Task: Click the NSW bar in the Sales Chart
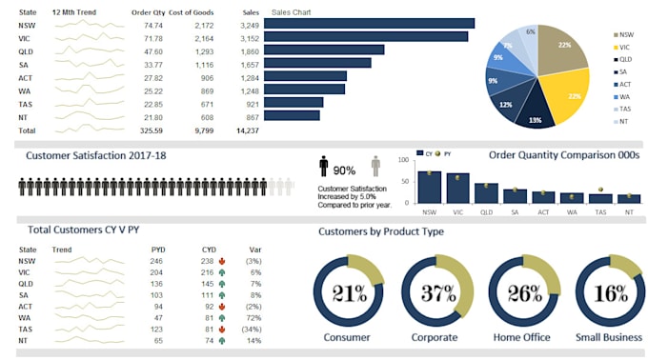(x=369, y=23)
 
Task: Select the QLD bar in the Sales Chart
(x=324, y=50)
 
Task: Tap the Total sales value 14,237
(x=246, y=130)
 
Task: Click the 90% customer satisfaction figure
(x=344, y=170)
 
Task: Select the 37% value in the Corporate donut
(x=437, y=291)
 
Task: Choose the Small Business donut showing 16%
(x=611, y=291)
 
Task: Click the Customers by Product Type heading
(x=381, y=231)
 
